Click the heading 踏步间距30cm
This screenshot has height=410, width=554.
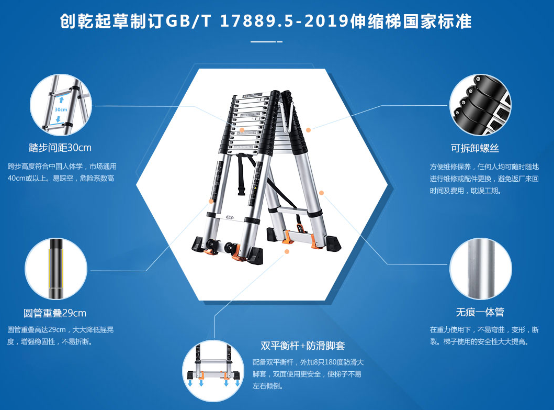[x=60, y=148]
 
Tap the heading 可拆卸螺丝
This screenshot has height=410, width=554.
[x=475, y=148]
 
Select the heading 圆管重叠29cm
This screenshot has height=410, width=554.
[x=55, y=313]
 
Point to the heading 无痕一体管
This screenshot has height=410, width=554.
[x=480, y=312]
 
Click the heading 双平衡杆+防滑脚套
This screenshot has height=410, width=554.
[x=303, y=345]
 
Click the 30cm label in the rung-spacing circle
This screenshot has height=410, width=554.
[x=61, y=109]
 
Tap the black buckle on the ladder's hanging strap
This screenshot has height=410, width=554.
[x=242, y=191]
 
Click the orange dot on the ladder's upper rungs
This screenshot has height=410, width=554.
[x=242, y=130]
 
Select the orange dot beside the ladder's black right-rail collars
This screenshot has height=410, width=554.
[x=309, y=130]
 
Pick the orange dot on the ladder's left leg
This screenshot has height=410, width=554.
[x=211, y=201]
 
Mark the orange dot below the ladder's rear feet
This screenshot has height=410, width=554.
[x=287, y=251]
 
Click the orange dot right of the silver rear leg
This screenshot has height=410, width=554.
[x=322, y=193]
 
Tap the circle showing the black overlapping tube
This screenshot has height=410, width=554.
[x=56, y=269]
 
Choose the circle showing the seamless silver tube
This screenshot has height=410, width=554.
[x=481, y=269]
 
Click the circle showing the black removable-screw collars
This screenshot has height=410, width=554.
[x=481, y=105]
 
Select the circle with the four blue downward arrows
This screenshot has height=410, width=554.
[x=213, y=370]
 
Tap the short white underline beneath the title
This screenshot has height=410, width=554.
[x=266, y=42]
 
